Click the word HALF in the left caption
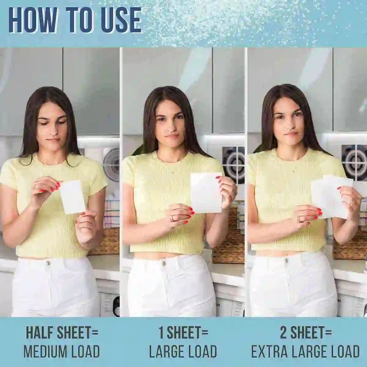39,333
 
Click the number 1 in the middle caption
161,333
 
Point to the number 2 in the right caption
284,333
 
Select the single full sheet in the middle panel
206,193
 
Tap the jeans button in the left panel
48,262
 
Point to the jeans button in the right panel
287,261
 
